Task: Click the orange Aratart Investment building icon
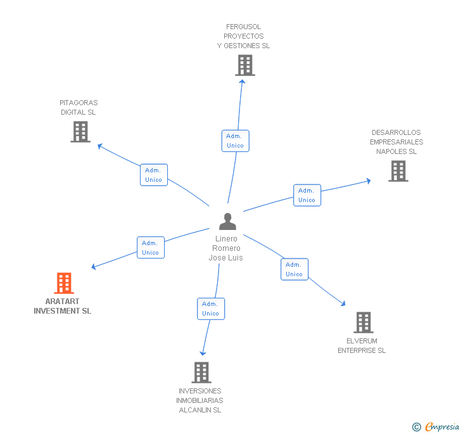(x=64, y=283)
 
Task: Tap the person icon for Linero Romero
(x=227, y=222)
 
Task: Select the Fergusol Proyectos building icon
(x=245, y=65)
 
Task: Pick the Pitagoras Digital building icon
(x=80, y=132)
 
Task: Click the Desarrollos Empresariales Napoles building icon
(x=398, y=171)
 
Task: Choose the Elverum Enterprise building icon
(x=363, y=322)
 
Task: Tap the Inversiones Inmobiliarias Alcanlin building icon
(x=201, y=373)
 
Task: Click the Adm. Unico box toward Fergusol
(x=235, y=141)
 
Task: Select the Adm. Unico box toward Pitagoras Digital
(x=153, y=175)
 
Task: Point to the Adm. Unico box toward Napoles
(x=306, y=195)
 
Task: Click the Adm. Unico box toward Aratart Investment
(x=150, y=248)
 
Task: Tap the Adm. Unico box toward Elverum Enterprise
(x=294, y=269)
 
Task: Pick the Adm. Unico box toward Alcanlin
(x=210, y=309)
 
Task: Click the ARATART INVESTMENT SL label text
(x=63, y=307)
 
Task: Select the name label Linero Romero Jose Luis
(x=226, y=248)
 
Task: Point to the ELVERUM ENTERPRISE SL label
(x=362, y=346)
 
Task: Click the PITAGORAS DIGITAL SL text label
(x=79, y=108)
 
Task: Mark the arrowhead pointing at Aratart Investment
(x=94, y=267)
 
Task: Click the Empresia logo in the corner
(x=437, y=426)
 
